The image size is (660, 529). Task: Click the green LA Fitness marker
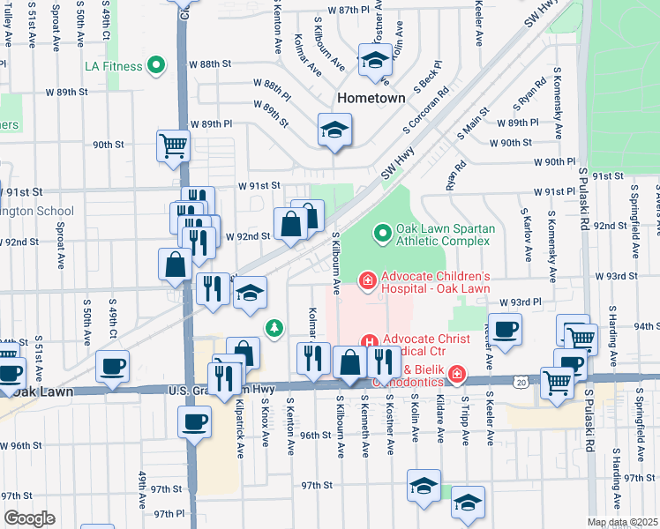coord(156,65)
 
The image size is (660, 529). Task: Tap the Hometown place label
coord(370,98)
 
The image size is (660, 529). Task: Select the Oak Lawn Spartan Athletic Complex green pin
coord(382,234)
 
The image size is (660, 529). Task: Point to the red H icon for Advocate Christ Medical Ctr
coord(369,341)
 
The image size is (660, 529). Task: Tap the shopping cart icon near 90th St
coord(173,146)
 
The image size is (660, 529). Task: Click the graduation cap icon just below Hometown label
coord(334,131)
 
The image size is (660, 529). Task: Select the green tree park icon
coord(275,329)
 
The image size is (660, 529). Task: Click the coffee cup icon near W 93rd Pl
coord(505,331)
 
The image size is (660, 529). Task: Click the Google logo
coord(28,518)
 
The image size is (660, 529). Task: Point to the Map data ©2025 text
coord(622,522)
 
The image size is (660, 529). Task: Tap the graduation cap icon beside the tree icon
coord(251,294)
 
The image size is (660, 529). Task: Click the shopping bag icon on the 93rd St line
coord(176,264)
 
